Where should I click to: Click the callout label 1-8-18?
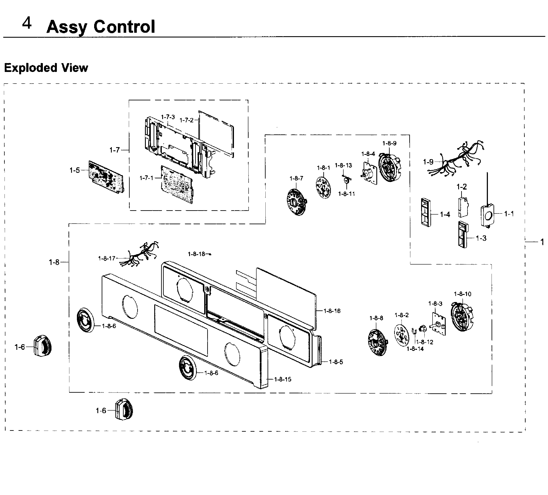196,254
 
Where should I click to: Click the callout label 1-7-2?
187,120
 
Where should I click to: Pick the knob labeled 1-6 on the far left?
42,346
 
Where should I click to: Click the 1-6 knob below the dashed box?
124,409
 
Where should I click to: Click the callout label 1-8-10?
462,294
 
